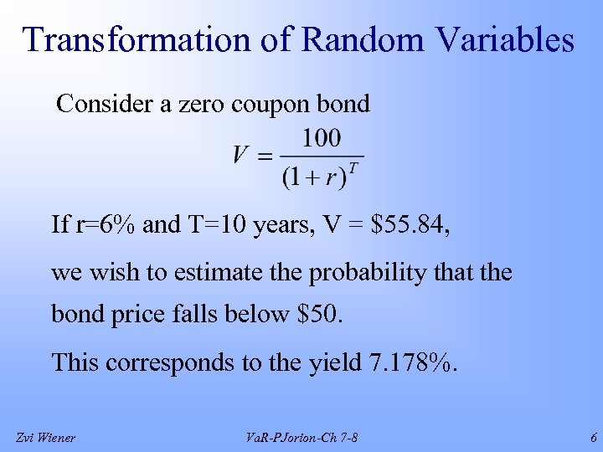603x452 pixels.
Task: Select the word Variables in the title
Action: (x=502, y=40)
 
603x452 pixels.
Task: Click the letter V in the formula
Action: (x=241, y=156)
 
